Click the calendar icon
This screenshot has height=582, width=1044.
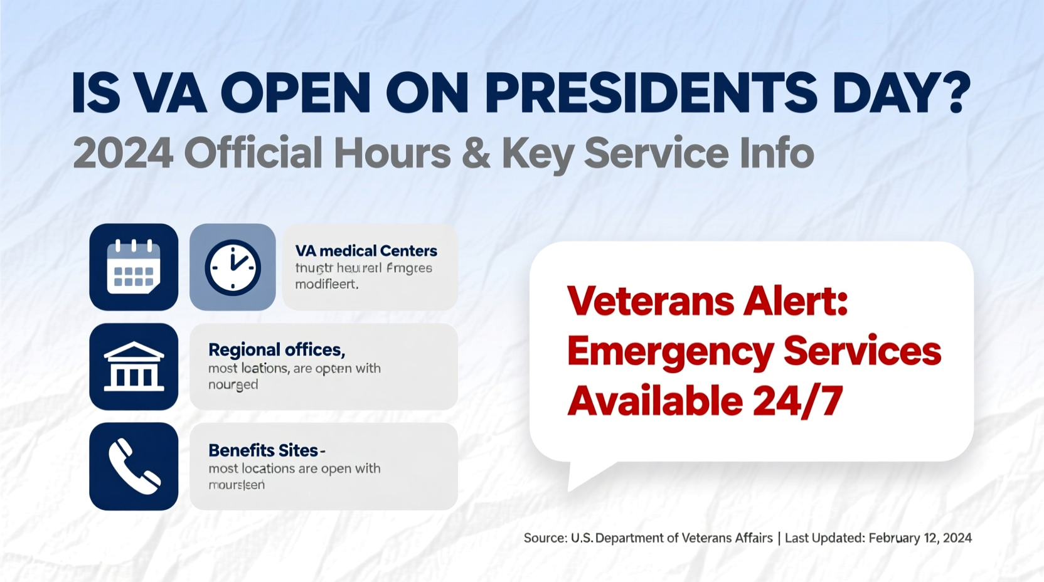(x=134, y=267)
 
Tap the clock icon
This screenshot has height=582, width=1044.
(x=233, y=267)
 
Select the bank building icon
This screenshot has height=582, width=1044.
(x=134, y=367)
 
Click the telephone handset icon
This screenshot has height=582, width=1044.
(x=134, y=466)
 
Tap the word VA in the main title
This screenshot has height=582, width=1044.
(x=170, y=93)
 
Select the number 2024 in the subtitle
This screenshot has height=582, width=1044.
(x=123, y=153)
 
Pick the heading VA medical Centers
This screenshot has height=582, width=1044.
(x=366, y=251)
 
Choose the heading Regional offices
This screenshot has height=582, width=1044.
(x=276, y=349)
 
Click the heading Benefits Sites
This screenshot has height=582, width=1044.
(x=264, y=450)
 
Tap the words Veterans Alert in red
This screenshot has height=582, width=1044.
(x=707, y=301)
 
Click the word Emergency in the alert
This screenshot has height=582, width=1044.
(x=669, y=352)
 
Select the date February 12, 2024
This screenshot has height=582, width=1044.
(x=920, y=538)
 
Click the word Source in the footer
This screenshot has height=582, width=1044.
(x=545, y=538)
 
